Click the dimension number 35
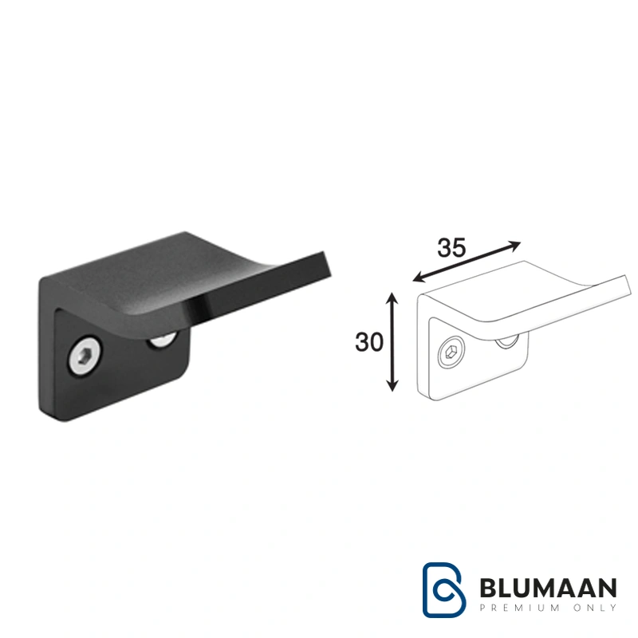(451, 248)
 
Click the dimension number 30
(369, 342)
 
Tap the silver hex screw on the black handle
(85, 356)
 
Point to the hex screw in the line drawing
(451, 351)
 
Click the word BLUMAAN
(548, 588)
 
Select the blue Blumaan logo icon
(443, 589)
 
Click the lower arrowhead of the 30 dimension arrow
(392, 386)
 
